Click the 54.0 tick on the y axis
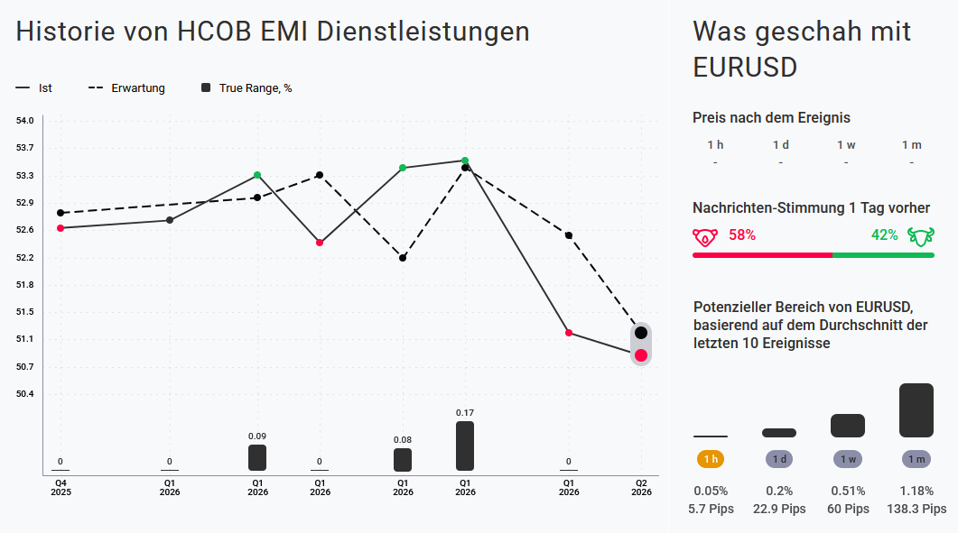[x=24, y=121]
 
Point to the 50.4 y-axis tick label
[x=24, y=394]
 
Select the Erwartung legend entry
[x=126, y=88]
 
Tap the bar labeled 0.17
[x=465, y=446]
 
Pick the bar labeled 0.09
[x=257, y=457]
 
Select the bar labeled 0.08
[x=403, y=459]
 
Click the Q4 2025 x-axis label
[x=60, y=487]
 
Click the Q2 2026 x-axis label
[x=641, y=487]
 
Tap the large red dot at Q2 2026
[x=641, y=355]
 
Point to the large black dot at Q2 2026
[x=641, y=333]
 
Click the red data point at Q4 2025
[x=60, y=228]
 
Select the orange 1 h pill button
[x=712, y=459]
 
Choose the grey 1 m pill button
[x=916, y=459]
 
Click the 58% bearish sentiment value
[x=742, y=235]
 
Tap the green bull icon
[x=919, y=236]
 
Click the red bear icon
[x=705, y=236]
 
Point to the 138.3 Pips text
[x=916, y=509]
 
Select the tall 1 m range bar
[x=916, y=410]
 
